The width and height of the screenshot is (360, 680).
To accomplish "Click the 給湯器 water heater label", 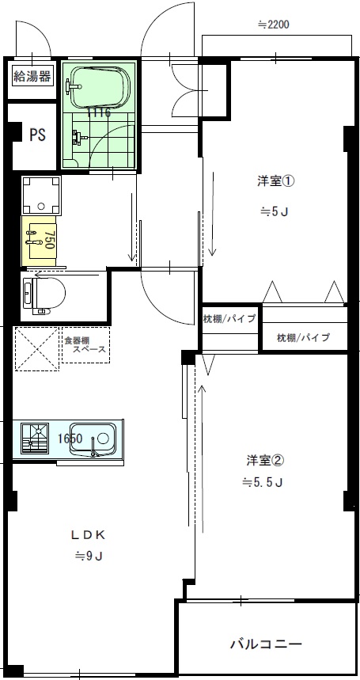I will [x=32, y=77].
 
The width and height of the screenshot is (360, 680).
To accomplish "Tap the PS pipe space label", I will [x=37, y=135].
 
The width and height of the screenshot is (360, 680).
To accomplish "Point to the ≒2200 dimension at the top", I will [x=274, y=25].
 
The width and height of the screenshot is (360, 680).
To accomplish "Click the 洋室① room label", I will [x=276, y=181].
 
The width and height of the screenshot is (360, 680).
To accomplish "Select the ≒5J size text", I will [x=274, y=211].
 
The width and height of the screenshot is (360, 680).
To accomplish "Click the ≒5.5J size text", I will [x=263, y=482].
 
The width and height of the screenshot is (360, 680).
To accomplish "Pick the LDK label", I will [x=89, y=534].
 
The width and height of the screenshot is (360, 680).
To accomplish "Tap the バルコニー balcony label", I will [x=266, y=644].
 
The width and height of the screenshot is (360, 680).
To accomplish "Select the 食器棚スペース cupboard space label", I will [x=85, y=344].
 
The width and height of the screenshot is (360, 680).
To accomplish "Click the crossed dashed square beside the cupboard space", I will [x=36, y=348].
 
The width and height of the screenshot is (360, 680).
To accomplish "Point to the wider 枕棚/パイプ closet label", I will [x=303, y=337].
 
